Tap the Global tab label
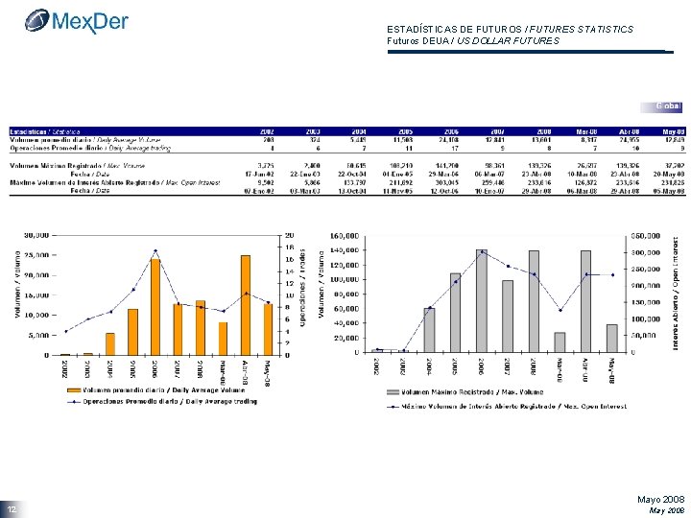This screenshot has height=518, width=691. pyautogui.click(x=668, y=105)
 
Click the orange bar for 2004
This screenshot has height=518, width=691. pyautogui.click(x=110, y=343)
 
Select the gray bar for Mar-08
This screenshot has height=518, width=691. pyautogui.click(x=560, y=341)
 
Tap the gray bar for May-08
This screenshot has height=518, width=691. pyautogui.click(x=611, y=338)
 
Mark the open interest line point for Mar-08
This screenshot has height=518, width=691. pyautogui.click(x=560, y=310)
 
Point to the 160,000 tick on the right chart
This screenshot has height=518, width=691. pyautogui.click(x=346, y=234)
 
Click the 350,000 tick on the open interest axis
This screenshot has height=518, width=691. pyautogui.click(x=645, y=234)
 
